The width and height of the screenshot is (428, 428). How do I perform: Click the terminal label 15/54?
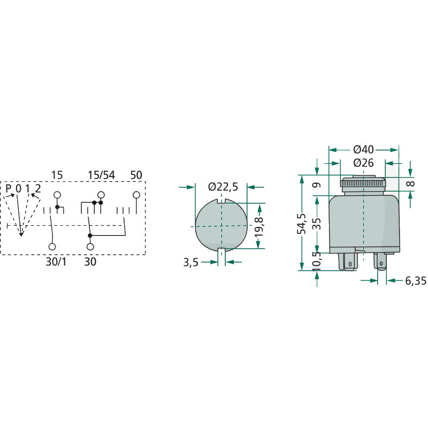click(101, 175)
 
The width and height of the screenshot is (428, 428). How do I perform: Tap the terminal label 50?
click(136, 175)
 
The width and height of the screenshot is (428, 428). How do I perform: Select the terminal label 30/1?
click(56, 262)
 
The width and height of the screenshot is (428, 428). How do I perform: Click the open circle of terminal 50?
click(136, 195)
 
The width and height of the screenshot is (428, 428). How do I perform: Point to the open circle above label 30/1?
click(52, 247)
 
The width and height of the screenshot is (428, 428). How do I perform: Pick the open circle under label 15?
click(57, 195)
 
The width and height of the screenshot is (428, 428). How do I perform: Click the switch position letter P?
click(9, 188)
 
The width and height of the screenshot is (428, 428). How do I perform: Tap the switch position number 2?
click(38, 188)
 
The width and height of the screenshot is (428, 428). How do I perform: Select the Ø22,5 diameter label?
click(223, 187)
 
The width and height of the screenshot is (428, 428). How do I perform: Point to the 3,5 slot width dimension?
click(190, 263)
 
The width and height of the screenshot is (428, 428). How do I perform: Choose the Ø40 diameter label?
click(364, 150)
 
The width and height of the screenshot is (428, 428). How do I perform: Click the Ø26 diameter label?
click(364, 163)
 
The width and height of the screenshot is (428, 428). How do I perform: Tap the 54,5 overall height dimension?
click(302, 224)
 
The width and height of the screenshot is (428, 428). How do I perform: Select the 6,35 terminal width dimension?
click(416, 280)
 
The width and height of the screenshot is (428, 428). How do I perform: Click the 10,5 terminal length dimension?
click(317, 261)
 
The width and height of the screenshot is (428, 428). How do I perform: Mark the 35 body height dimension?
click(317, 224)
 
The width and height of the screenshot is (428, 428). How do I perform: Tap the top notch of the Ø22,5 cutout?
click(221, 201)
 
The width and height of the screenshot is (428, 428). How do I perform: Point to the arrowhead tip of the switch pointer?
click(21, 236)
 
